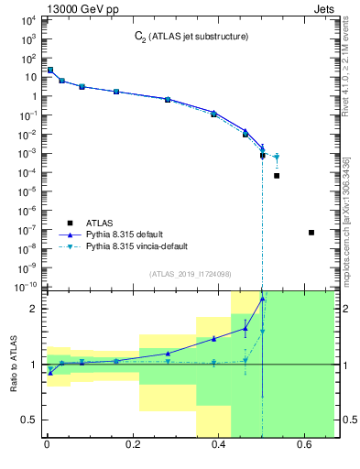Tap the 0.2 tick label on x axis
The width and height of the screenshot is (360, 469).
(133, 446)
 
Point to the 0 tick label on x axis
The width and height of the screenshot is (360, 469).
(47, 446)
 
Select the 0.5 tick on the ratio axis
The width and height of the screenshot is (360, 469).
(29, 420)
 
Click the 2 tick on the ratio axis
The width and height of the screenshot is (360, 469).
(35, 309)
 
